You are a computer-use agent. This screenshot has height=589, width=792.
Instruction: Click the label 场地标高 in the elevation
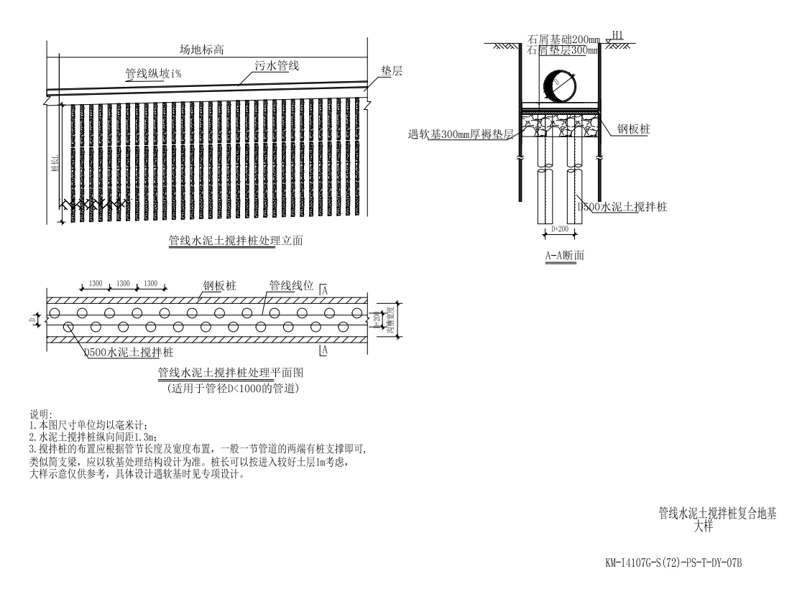[202, 50]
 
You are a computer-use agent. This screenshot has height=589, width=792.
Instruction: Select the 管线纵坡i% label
[153, 73]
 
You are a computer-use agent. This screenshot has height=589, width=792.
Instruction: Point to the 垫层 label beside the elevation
[391, 73]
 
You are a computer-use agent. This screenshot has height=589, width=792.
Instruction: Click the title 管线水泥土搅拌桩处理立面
[235, 242]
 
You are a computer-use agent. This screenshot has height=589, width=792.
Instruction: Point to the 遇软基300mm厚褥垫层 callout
[459, 135]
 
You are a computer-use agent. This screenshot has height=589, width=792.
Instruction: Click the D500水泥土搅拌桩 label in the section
[622, 207]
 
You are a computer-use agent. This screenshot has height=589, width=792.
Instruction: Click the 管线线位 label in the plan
[292, 286]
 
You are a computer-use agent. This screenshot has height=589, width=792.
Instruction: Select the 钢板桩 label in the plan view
[219, 286]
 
